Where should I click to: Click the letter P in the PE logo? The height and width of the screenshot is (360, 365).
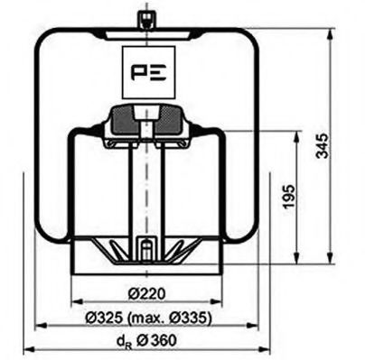click(x=136, y=70)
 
